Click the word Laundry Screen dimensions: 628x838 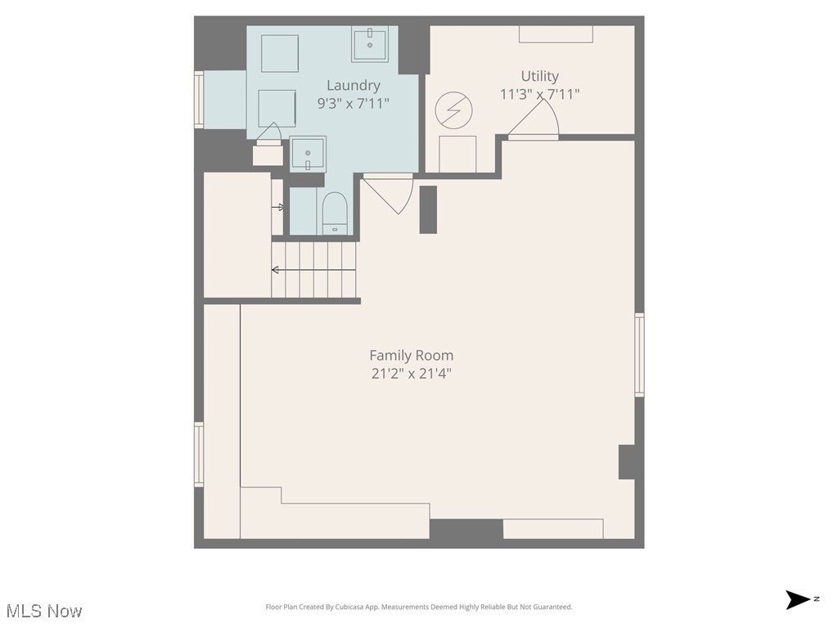(x=354, y=85)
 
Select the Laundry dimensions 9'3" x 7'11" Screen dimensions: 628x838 (x=354, y=104)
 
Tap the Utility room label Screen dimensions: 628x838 (x=540, y=76)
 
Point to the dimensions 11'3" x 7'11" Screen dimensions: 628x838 (x=540, y=94)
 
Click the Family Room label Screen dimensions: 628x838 (x=411, y=356)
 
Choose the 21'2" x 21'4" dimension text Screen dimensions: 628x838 (x=411, y=374)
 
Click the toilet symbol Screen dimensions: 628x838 (x=335, y=214)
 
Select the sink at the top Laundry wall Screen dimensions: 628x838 (x=375, y=44)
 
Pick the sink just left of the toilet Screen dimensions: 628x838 (x=309, y=153)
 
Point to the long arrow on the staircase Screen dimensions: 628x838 (x=314, y=270)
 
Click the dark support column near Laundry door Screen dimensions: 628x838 (x=428, y=209)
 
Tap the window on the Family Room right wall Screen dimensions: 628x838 (x=639, y=355)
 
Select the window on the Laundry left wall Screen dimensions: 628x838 (x=198, y=100)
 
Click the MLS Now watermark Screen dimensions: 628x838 (x=44, y=611)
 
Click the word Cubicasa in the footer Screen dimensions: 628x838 (x=366, y=607)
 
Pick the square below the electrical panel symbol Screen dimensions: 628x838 (x=457, y=154)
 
